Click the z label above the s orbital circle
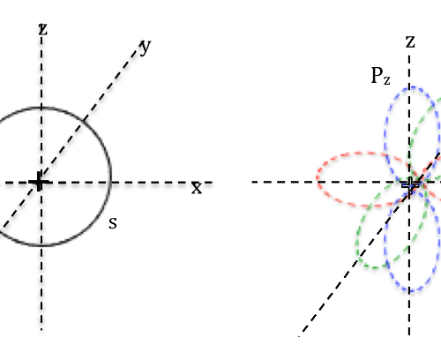[43, 29]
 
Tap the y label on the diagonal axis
[146, 47]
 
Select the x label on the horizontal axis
[197, 188]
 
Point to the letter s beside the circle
[113, 223]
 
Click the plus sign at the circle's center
[39, 182]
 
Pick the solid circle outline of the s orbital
[111, 176]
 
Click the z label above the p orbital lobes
[410, 41]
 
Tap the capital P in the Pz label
[377, 75]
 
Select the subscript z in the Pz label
[387, 80]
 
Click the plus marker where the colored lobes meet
[410, 184]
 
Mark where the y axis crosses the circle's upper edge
[84, 120]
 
